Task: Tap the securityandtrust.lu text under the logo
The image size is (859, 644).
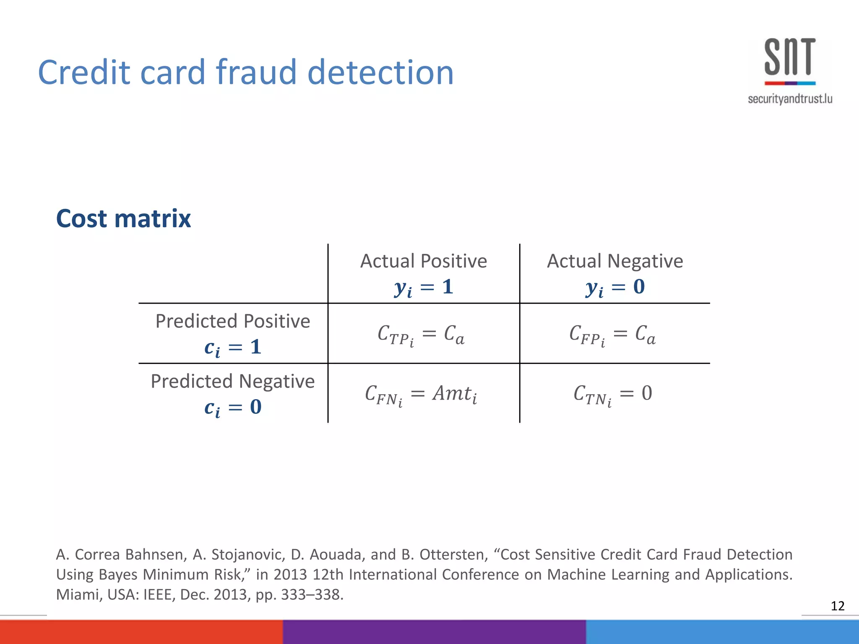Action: [x=790, y=99]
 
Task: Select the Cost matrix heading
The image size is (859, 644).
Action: [x=123, y=218]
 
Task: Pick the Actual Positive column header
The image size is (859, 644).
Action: [x=424, y=261]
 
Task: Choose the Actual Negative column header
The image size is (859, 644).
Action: [x=615, y=261]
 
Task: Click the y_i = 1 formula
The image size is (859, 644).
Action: [x=424, y=288]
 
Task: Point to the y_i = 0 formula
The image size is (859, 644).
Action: [x=615, y=288]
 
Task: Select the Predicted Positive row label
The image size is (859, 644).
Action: [x=233, y=321]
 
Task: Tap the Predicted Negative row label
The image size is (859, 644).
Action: [x=233, y=382]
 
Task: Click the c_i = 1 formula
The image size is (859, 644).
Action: [x=233, y=348]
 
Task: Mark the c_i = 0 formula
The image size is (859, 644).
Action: [x=233, y=408]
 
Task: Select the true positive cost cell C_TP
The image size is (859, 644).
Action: [x=421, y=335]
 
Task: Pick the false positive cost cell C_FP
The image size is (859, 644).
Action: [x=612, y=335]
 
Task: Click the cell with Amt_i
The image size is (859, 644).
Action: [x=421, y=395]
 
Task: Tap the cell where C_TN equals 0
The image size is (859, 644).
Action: [x=612, y=395]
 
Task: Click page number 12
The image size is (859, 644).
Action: [x=837, y=606]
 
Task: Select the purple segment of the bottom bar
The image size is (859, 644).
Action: [x=434, y=632]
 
